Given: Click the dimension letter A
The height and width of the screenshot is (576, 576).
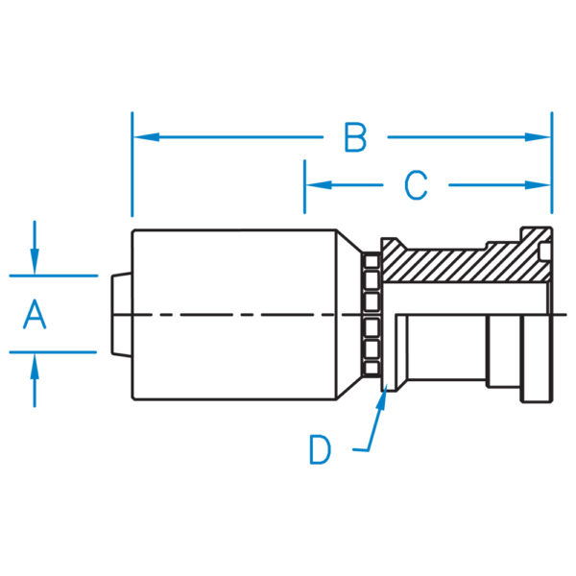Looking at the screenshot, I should pyautogui.click(x=35, y=315).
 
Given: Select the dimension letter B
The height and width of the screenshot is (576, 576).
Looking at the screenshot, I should pyautogui.click(x=355, y=138).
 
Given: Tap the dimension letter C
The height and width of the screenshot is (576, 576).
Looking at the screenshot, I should pyautogui.click(x=416, y=185).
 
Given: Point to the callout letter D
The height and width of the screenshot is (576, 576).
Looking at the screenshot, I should pyautogui.click(x=321, y=448).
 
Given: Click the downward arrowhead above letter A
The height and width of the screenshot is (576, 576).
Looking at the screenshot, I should pyautogui.click(x=35, y=264).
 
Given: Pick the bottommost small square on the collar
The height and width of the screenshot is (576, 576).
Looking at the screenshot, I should pyautogui.click(x=371, y=369).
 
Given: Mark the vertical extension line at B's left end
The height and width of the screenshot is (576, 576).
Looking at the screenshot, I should pyautogui.click(x=132, y=173).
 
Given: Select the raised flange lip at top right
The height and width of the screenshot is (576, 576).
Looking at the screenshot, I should pyautogui.click(x=535, y=235).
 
